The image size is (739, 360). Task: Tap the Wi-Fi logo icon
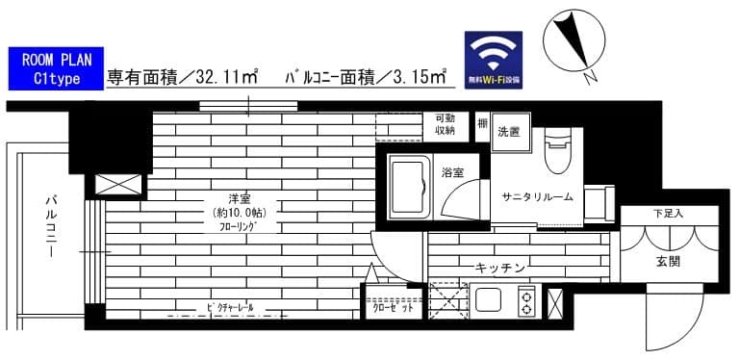[494, 61]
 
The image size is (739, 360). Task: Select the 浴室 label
[452, 173]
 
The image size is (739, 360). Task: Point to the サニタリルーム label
[536, 197]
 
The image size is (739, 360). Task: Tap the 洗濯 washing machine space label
[508, 132]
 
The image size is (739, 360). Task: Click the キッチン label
[497, 268]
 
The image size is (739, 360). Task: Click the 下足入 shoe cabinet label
[668, 213]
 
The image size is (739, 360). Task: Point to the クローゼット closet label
[393, 309]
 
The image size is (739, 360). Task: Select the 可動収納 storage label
[445, 124]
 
